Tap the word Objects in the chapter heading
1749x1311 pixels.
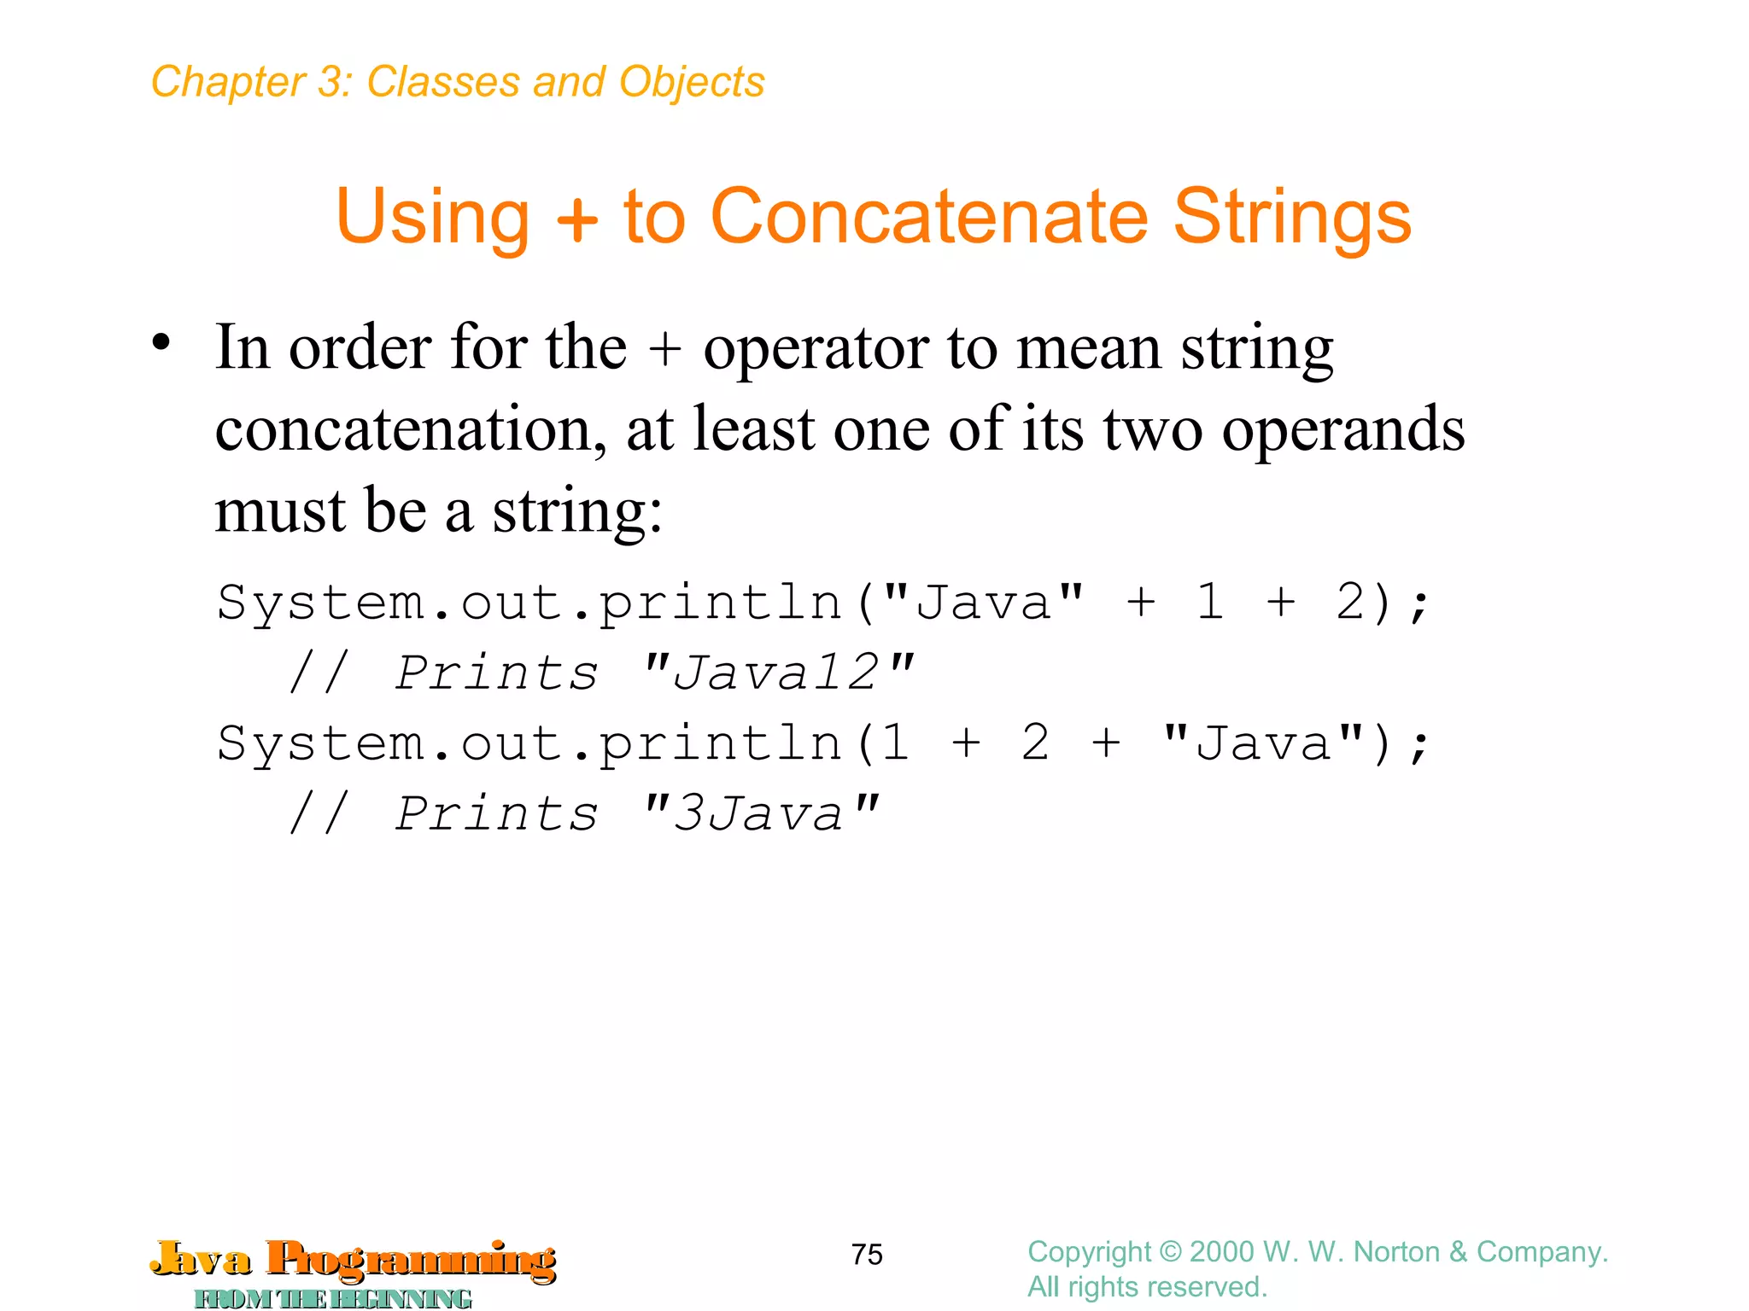[692, 83]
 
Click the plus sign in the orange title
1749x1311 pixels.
[577, 218]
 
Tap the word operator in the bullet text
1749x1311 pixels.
[816, 350]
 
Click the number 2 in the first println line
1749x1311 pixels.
[1350, 602]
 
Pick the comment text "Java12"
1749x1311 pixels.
[778, 672]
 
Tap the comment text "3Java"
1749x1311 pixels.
[760, 813]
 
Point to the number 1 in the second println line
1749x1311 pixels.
[895, 743]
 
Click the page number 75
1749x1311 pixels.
[867, 1255]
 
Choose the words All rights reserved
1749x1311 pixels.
[1147, 1287]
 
